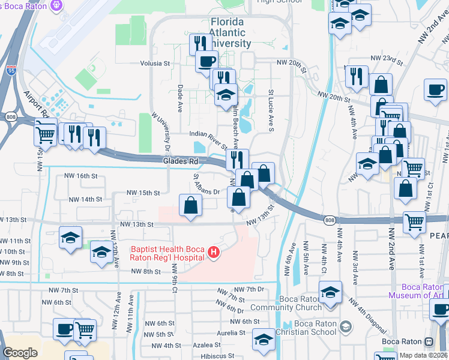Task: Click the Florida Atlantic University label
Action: coord(231,32)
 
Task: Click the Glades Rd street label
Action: coord(180,161)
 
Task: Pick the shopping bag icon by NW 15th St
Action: coord(190,205)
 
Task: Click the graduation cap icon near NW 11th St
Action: coord(70,239)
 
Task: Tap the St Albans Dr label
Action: coord(207,185)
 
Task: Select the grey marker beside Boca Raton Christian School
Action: coord(345,327)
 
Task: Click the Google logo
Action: coord(20,353)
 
